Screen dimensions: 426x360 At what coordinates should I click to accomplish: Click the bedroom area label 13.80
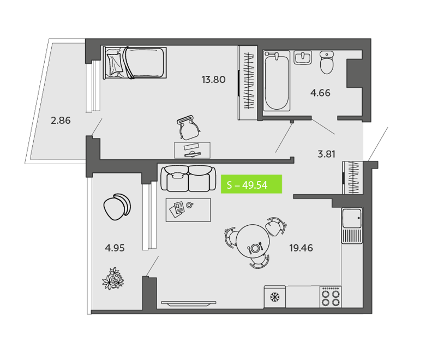point(213,80)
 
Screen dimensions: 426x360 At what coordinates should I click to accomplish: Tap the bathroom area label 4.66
point(320,93)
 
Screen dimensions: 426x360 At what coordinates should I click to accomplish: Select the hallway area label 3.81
point(326,154)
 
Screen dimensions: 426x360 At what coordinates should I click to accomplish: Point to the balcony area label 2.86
point(61,120)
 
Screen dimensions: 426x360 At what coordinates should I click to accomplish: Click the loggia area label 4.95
point(115,248)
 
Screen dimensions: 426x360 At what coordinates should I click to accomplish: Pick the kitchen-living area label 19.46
point(301,248)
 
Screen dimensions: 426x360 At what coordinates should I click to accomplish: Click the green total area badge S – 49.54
point(251,184)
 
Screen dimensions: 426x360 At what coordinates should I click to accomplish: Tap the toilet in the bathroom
point(327,62)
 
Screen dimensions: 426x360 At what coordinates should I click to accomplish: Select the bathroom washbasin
point(303,58)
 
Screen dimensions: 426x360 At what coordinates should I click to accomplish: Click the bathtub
point(277,81)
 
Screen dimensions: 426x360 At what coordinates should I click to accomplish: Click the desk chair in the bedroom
point(189,127)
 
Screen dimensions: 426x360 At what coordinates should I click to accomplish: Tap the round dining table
point(253,241)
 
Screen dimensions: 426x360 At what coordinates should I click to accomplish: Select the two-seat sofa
point(188,179)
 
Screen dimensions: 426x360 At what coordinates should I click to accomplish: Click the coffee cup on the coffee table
point(190,205)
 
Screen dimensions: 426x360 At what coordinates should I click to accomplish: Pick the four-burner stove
point(331,297)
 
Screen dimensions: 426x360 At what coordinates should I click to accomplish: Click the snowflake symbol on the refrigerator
point(274,297)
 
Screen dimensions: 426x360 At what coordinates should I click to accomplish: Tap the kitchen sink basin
point(352,218)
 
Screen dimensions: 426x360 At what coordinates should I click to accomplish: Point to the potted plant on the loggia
point(113,279)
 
